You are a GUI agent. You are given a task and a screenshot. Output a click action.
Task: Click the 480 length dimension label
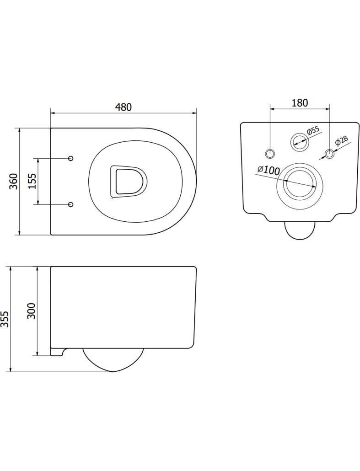123,107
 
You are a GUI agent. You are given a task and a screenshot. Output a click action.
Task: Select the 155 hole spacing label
32,181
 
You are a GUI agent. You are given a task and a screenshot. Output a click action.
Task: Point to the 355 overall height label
5,319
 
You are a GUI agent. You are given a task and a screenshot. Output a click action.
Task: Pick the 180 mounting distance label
300,103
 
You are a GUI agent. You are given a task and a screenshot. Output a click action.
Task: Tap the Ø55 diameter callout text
313,131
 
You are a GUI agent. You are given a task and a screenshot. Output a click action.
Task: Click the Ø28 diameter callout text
341,140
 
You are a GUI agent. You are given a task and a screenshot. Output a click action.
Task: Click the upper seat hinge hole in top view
71,158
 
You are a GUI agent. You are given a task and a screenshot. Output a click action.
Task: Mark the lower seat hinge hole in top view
71,204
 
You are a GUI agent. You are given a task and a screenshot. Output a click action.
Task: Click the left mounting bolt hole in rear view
270,154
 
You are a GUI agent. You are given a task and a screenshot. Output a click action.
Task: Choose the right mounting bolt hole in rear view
330,154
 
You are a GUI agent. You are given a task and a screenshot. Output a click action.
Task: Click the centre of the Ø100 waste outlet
300,183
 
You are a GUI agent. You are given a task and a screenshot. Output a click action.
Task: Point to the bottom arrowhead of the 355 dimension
11,369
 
